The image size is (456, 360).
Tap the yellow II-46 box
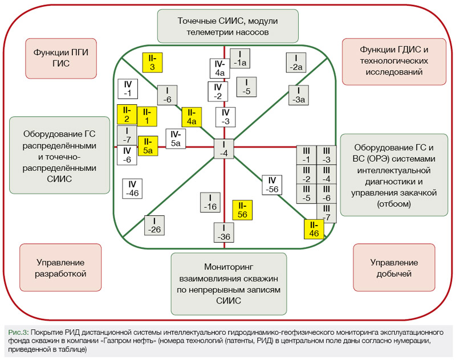tap(314, 228)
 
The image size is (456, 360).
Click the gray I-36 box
tap(225, 233)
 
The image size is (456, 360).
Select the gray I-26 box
tap(154, 225)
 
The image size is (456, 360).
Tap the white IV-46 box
tap(132, 189)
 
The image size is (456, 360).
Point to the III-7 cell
tap(326, 213)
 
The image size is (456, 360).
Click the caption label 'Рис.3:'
tap(20, 332)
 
